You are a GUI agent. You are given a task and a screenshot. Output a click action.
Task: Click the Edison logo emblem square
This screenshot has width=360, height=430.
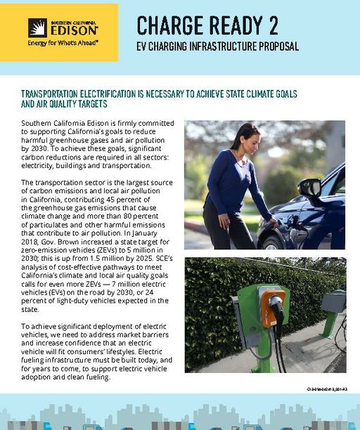(37, 27)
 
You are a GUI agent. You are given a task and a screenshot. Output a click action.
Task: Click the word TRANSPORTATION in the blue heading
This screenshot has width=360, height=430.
(58, 93)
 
